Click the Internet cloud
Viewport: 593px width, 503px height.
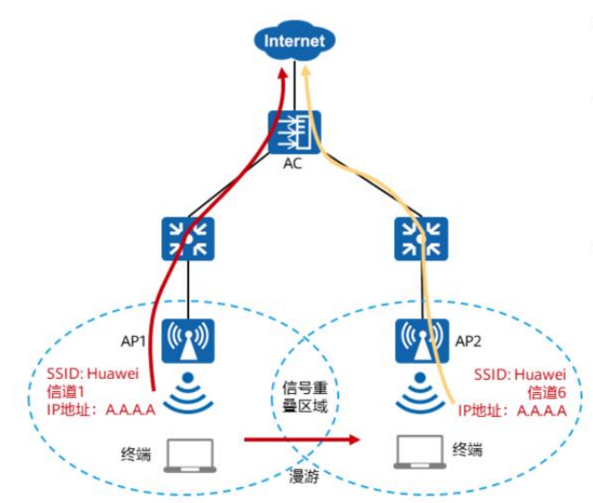tap(295, 41)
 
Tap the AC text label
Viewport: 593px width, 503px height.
tap(295, 165)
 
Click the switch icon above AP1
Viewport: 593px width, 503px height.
tap(189, 239)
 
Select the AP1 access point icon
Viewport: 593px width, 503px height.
tap(189, 341)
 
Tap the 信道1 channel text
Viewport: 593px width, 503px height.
tap(67, 390)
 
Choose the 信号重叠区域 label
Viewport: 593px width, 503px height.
tap(305, 396)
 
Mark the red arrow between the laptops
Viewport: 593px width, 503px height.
tap(303, 439)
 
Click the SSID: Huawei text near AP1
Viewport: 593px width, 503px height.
tap(92, 373)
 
